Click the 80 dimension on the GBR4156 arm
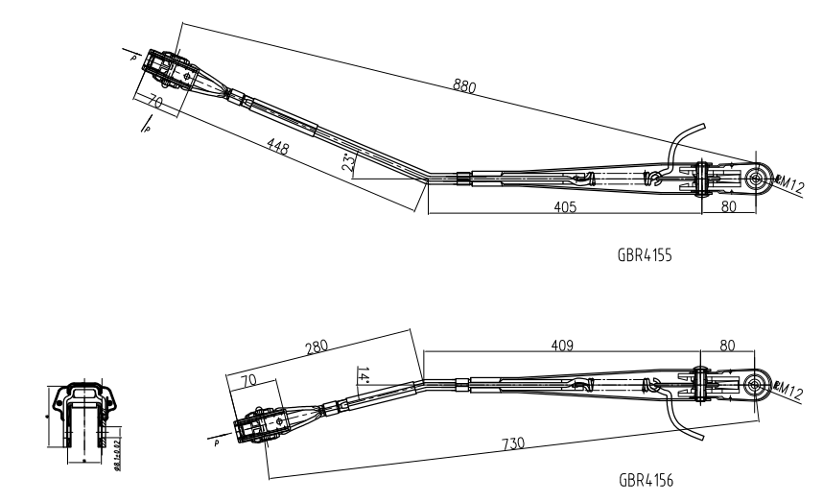pyautogui.click(x=726, y=343)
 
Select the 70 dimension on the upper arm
pyautogui.click(x=156, y=101)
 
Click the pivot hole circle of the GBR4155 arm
pyautogui.click(x=757, y=177)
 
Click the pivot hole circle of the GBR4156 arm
pyautogui.click(x=756, y=384)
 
